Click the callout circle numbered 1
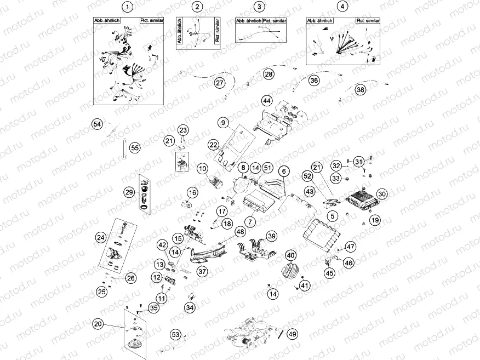click(128, 7)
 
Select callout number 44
click(267, 101)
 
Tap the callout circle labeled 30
click(382, 194)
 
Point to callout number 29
click(129, 192)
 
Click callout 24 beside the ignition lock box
click(100, 237)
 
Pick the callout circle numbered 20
click(98, 324)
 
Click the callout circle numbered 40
click(290, 255)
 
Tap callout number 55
click(135, 147)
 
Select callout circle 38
click(360, 90)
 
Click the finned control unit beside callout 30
click(361, 197)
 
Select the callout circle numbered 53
click(175, 334)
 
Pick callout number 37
click(202, 271)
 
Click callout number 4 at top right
click(342, 7)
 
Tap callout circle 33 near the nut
click(335, 178)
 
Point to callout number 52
click(307, 175)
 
